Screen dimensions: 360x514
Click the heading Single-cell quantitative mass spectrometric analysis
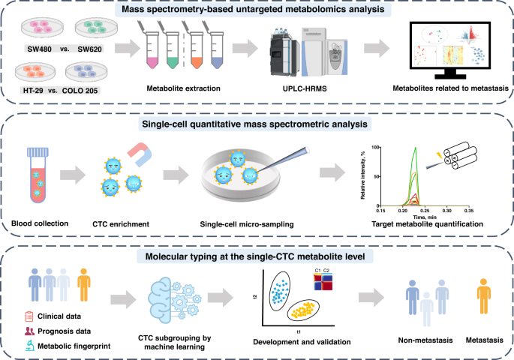[x=257, y=124]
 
